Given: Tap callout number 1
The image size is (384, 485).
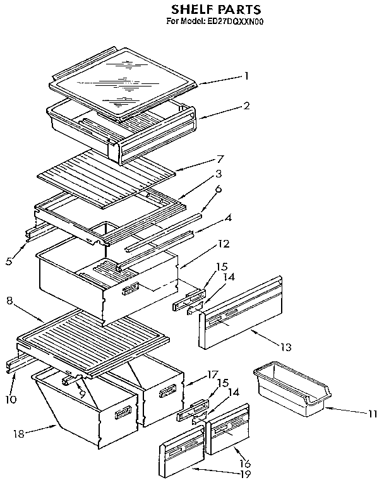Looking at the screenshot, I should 246,75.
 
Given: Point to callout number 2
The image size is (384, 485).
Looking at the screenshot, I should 246,106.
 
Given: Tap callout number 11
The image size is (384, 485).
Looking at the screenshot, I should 371,414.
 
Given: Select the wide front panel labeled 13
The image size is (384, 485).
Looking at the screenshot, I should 240,313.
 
